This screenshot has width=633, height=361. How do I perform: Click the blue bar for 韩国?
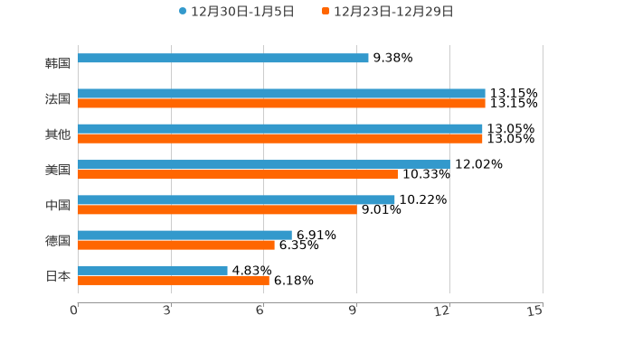pyautogui.click(x=223, y=59)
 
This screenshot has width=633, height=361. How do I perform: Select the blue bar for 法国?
pyautogui.click(x=281, y=94)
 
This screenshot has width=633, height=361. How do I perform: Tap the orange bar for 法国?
pyautogui.click(x=281, y=104)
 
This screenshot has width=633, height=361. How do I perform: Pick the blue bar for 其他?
pyautogui.click(x=280, y=129)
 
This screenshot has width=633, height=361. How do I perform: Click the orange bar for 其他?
pyautogui.click(x=280, y=139)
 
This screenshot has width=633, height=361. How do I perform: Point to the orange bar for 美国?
pyautogui.click(x=238, y=174)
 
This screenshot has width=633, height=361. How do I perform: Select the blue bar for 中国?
pyautogui.click(x=236, y=199)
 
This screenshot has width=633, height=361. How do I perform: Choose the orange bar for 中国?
pyautogui.click(x=217, y=209)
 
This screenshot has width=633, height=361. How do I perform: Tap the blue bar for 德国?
pyautogui.click(x=184, y=235)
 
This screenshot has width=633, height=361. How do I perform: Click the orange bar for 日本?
pyautogui.click(x=174, y=281)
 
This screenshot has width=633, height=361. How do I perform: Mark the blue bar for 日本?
pyautogui.click(x=153, y=270)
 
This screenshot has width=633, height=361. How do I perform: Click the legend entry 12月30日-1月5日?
pyautogui.click(x=237, y=12)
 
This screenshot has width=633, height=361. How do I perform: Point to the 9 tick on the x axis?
pyautogui.click(x=353, y=310)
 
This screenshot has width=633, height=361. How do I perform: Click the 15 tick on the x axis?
pyautogui.click(x=535, y=310)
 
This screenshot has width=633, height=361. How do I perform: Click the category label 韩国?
pyautogui.click(x=58, y=63)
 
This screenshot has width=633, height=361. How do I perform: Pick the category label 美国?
pyautogui.click(x=58, y=170)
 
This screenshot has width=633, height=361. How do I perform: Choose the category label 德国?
pyautogui.click(x=58, y=240)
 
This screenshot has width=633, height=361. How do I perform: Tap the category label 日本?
pyautogui.click(x=58, y=275)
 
